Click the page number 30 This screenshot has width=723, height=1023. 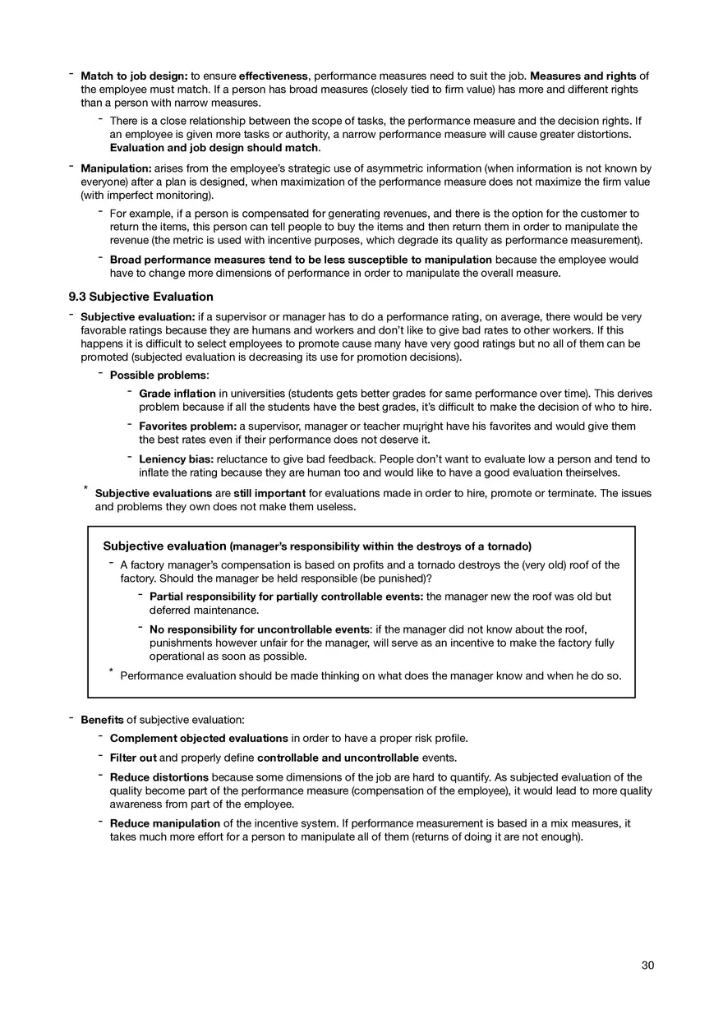coord(647,965)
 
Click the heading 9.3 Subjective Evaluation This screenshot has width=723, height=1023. coord(140,297)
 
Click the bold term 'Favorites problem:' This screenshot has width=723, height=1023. coord(187,426)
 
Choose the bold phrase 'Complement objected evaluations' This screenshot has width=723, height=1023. coord(199,738)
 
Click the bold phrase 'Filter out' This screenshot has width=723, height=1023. coord(133,757)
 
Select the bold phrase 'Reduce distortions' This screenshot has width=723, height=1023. coord(159,776)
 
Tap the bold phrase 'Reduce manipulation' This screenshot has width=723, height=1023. coord(164,823)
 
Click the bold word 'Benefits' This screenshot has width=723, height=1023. coord(102,720)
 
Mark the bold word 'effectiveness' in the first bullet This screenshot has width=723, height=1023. coord(274,76)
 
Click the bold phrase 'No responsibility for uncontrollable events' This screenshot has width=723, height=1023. coord(259,630)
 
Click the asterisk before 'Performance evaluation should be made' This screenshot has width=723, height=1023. coord(111,671)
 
